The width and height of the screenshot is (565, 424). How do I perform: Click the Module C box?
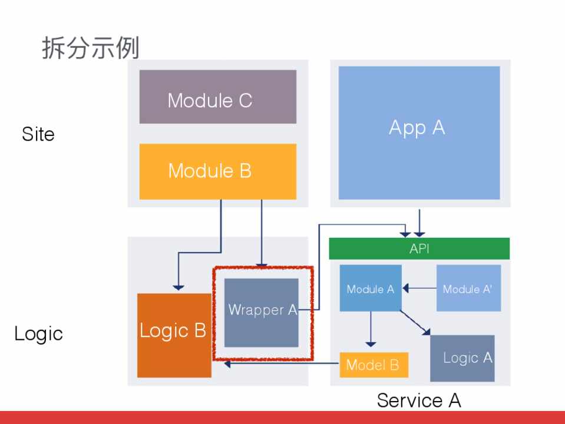[x=217, y=97]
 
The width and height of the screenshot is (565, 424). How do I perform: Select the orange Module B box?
[x=217, y=171]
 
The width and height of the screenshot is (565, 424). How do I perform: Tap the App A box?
[x=419, y=132]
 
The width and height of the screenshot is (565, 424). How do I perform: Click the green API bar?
[x=419, y=249]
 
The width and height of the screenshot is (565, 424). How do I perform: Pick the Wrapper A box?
[x=262, y=312]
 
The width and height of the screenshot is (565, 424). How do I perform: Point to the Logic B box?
[x=174, y=335]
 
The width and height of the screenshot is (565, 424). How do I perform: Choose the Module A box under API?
[x=371, y=288]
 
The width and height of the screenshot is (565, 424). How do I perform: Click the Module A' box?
[x=468, y=288]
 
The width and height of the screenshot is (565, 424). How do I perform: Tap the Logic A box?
[x=462, y=358]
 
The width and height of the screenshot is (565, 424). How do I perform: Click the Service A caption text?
[x=418, y=400]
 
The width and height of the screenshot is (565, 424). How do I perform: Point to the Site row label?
[x=38, y=134]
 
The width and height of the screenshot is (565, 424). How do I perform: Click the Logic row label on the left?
[x=38, y=334]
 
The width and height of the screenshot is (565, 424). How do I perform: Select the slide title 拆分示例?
[x=90, y=48]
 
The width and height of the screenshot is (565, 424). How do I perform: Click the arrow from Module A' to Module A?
[x=419, y=289]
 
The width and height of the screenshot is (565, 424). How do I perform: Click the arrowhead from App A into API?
[x=419, y=231]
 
